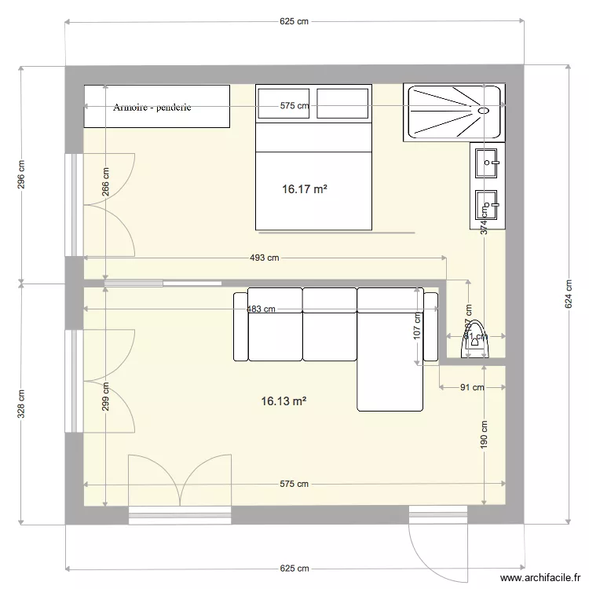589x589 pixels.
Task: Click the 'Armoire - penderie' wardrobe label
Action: (152, 107)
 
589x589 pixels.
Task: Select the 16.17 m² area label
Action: (305, 189)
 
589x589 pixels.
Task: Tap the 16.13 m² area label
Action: (284, 401)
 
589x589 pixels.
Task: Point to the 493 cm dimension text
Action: (264, 258)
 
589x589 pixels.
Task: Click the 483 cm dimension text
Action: (261, 309)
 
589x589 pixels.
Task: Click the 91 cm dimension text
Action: (472, 387)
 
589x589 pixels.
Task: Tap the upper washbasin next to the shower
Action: (488, 163)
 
